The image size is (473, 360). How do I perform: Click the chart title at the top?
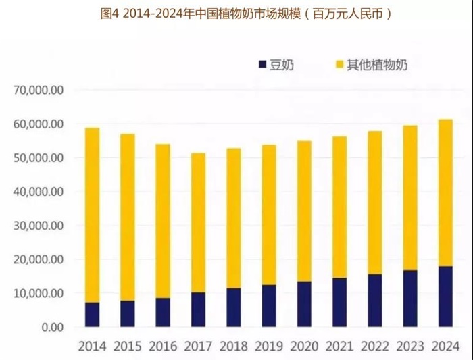coord(237,13)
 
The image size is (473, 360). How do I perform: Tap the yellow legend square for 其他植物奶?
coord(339,65)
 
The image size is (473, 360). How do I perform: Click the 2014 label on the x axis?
coord(92,346)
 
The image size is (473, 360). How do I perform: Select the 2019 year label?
coord(268,346)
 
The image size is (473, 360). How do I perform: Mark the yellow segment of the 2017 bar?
coord(198,223)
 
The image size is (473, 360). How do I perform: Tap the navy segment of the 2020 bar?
coord(303,305)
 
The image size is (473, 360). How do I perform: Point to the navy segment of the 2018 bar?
coord(233,308)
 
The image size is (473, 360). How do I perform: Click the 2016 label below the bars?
coord(163,346)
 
